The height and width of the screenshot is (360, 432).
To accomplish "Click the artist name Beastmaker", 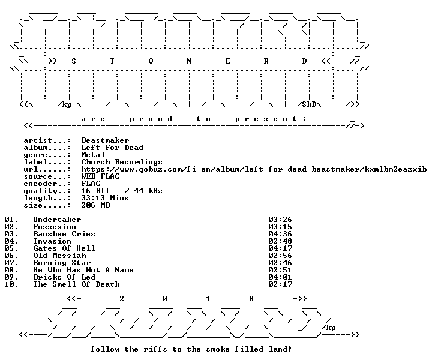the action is [105, 140].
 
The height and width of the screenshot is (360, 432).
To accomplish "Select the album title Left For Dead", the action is [112, 148].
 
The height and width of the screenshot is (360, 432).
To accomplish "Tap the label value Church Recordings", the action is [122, 162].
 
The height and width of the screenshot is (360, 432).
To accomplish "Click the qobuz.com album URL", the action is [254, 169].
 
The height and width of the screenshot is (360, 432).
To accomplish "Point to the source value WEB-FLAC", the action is [101, 176].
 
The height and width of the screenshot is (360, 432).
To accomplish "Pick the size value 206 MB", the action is [95, 205].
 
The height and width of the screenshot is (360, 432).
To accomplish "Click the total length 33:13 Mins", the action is [105, 198].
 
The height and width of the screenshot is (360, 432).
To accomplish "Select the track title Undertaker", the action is [58, 220].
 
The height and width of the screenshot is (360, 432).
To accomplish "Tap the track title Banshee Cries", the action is [64, 234].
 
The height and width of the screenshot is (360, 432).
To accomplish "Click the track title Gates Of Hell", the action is [64, 248].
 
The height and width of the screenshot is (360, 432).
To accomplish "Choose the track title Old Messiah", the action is [59, 256].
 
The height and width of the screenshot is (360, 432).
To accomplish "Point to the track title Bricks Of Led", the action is [64, 277].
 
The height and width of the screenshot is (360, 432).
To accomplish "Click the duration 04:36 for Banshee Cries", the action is [280, 234].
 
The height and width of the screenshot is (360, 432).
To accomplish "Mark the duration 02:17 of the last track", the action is [280, 284].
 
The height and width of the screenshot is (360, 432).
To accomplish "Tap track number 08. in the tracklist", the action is [11, 270].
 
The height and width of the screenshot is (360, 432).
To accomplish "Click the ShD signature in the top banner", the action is [309, 104].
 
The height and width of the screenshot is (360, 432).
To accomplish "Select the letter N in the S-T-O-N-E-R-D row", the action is [189, 61].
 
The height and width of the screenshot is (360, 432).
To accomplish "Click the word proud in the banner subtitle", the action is [151, 119].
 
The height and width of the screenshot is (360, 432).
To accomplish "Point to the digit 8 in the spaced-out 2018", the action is [251, 299].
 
